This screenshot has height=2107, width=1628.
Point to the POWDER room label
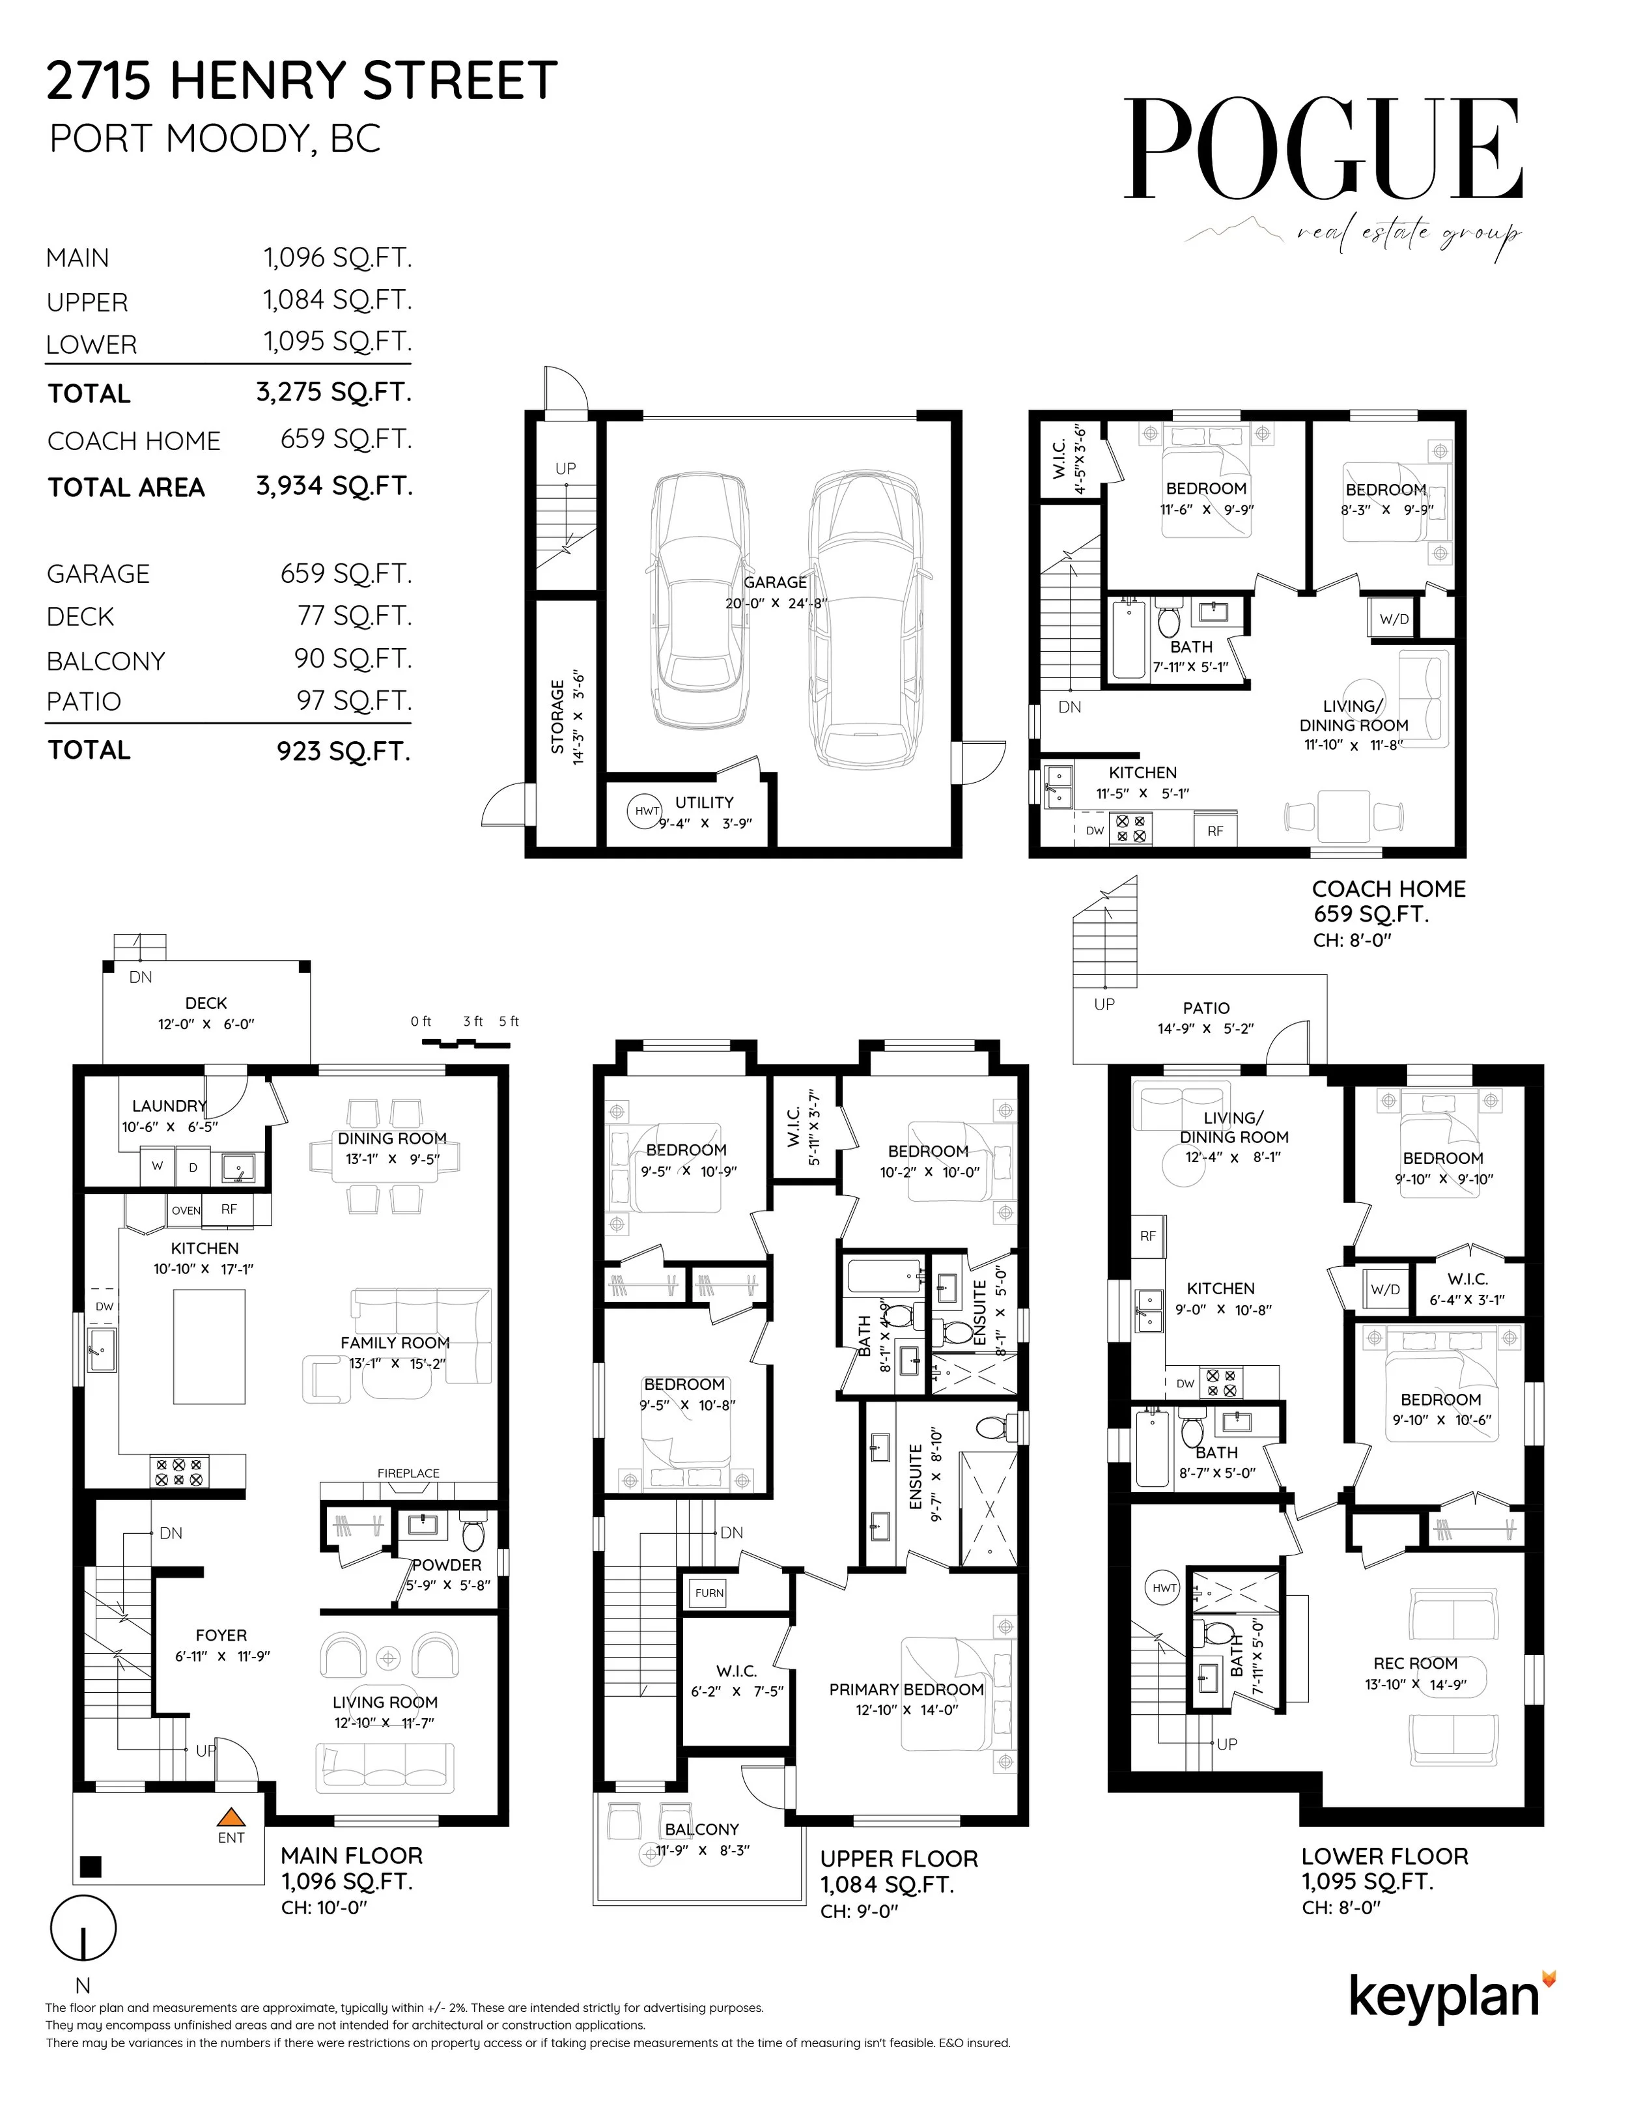pos(447,1565)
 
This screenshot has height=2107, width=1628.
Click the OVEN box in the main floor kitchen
pos(185,1209)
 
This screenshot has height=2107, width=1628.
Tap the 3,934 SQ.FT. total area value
pos(335,485)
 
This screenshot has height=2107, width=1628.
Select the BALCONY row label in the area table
pos(106,661)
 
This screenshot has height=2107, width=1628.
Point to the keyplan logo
pos(1452,1996)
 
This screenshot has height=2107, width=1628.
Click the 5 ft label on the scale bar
pos(509,1021)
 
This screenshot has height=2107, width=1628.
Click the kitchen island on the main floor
pos(209,1348)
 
